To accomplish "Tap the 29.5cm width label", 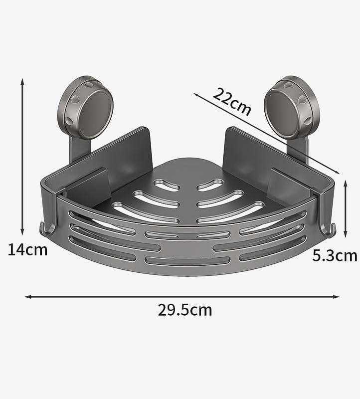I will click(185, 310).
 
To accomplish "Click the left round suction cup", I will click(88, 107).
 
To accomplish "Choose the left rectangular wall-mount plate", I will click(126, 150).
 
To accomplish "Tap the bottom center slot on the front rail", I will click(186, 260).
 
